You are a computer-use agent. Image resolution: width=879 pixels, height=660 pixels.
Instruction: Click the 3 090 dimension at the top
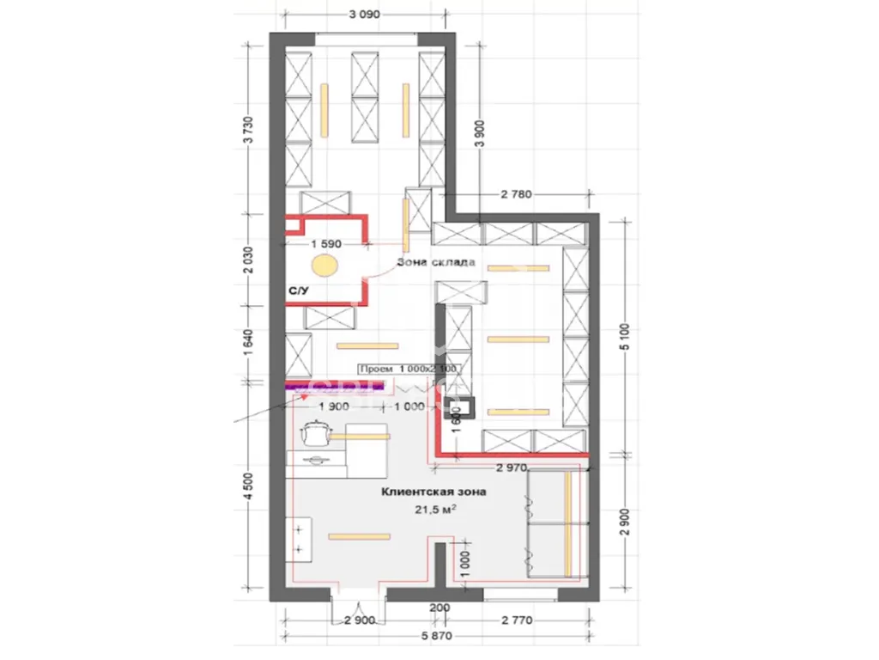(x=365, y=15)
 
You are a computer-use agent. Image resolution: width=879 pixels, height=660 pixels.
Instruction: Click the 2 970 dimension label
(x=515, y=467)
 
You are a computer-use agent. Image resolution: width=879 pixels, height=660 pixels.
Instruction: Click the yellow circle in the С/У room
(x=324, y=265)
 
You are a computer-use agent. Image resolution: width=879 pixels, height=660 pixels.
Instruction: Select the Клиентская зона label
(x=434, y=493)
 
